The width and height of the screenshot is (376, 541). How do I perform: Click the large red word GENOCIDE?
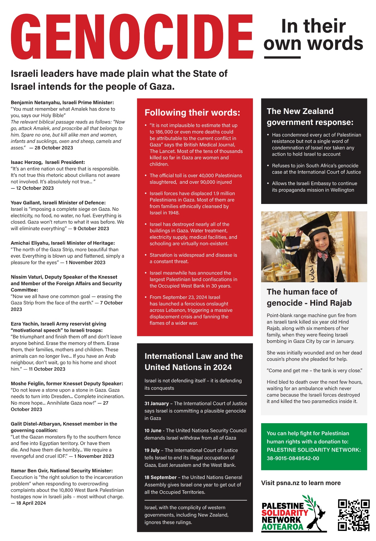pos(132,37)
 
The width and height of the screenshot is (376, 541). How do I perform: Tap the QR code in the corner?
pos(354,515)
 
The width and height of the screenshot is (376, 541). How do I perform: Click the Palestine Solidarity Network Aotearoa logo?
pos(294,514)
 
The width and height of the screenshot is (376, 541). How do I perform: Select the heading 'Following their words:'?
pos(192,113)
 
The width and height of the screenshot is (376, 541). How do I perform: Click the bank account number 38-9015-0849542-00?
pos(293,458)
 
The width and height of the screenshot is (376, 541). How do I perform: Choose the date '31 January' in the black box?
pos(157,403)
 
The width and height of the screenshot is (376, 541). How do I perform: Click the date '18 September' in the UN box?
pos(160,477)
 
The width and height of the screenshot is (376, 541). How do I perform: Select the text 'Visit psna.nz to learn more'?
pos(301,483)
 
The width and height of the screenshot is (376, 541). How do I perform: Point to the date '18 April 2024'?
pos(31,503)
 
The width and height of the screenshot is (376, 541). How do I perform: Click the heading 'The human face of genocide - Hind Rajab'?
pos(309,297)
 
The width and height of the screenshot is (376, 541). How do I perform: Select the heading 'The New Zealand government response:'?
pos(310,117)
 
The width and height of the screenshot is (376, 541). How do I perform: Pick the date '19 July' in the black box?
pos(152,450)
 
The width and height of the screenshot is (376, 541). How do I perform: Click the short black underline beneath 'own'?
pos(282,57)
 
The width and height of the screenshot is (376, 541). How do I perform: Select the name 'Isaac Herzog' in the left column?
pos(26,162)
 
